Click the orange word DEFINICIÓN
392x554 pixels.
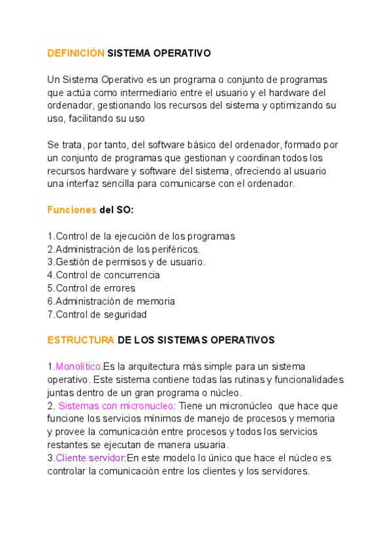click(x=76, y=54)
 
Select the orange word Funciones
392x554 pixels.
click(x=71, y=210)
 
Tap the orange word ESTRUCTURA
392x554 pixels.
click(x=80, y=340)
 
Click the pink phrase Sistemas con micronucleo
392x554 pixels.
click(x=116, y=406)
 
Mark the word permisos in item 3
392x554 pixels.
click(x=128, y=262)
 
